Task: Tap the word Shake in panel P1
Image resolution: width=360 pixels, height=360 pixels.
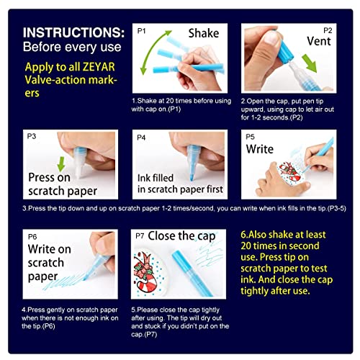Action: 204,33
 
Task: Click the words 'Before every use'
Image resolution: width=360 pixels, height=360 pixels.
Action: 68,50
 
